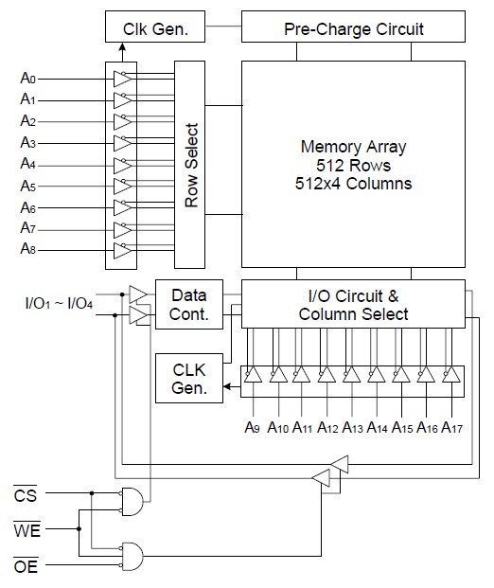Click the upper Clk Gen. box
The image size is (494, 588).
(x=155, y=27)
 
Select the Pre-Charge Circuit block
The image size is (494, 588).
(x=353, y=27)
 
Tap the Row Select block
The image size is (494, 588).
(x=189, y=165)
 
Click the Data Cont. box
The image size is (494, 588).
(x=189, y=305)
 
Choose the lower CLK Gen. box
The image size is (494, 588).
(x=189, y=378)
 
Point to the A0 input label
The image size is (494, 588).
(x=28, y=78)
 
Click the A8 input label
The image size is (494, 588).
(x=28, y=248)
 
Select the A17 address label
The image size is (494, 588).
(x=452, y=427)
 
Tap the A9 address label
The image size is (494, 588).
(x=253, y=427)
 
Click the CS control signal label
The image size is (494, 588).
(x=26, y=494)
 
